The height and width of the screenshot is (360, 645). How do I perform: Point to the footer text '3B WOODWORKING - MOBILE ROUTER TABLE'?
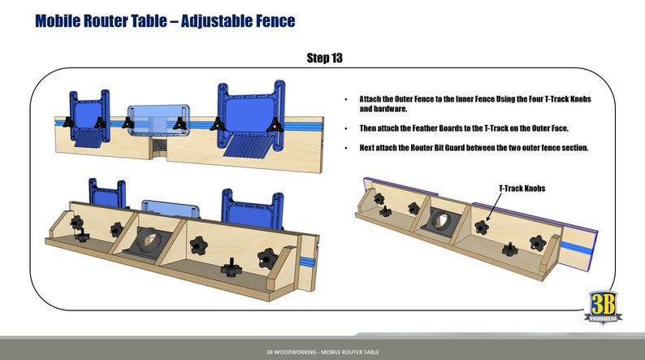(322, 352)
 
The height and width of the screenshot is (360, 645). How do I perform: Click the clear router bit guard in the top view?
(158, 119)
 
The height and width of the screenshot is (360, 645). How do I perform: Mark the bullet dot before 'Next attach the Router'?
(348, 148)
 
